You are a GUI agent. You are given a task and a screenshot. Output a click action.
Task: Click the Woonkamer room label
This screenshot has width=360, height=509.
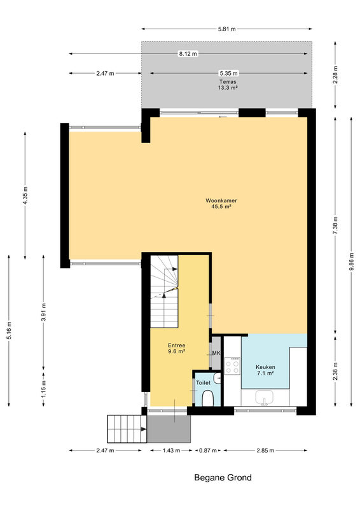pyautogui.click(x=221, y=200)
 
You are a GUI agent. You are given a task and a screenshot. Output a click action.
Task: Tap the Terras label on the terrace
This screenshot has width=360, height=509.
pyautogui.click(x=228, y=82)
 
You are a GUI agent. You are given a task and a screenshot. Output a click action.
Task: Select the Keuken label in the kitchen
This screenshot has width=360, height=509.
pyautogui.click(x=265, y=367)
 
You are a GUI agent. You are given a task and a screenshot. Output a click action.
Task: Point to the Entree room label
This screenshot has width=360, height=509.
pyautogui.click(x=177, y=345)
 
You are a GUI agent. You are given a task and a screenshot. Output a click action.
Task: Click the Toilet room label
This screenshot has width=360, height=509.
pyautogui.click(x=203, y=383)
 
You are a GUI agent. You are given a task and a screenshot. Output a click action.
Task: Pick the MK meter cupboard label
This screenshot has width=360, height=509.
pyautogui.click(x=216, y=353)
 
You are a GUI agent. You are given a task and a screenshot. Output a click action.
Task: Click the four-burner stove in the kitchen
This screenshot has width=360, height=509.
pyautogui.click(x=232, y=365)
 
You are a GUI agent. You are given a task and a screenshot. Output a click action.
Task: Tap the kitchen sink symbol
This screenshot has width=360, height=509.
pyautogui.click(x=265, y=397)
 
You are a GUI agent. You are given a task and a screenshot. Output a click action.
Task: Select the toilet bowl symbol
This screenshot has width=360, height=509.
pyautogui.click(x=208, y=398)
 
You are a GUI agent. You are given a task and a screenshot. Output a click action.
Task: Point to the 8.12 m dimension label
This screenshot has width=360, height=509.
pyautogui.click(x=188, y=54)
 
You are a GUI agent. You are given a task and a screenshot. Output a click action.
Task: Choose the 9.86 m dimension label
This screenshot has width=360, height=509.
pyautogui.click(x=352, y=261)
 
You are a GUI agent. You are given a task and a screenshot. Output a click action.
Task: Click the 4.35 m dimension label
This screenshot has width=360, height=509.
pyautogui.click(x=25, y=195)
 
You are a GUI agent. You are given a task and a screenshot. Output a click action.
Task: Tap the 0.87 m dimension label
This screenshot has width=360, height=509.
pyautogui.click(x=208, y=450)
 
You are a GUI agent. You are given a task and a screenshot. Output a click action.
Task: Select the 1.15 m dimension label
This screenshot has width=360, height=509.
pyautogui.click(x=44, y=389)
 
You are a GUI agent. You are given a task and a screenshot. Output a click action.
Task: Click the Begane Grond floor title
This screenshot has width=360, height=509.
pyautogui.click(x=223, y=478)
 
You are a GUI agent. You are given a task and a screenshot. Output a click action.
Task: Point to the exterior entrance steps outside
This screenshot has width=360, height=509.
pyautogui.click(x=127, y=429)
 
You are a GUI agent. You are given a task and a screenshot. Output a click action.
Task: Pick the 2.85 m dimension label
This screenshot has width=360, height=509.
pyautogui.click(x=265, y=450)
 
